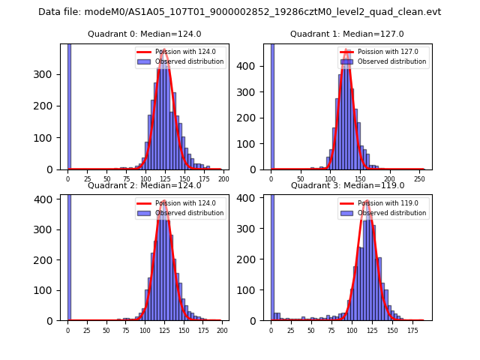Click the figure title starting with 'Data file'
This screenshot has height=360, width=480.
(x=240, y=12)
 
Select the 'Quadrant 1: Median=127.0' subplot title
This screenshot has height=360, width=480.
(x=347, y=34)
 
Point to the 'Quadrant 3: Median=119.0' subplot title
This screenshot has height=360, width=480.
(x=347, y=185)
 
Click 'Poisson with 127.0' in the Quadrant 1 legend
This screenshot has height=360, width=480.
(x=385, y=52)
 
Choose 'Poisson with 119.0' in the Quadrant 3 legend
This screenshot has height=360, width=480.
(x=385, y=203)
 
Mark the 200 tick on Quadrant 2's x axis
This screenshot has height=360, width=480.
(x=221, y=330)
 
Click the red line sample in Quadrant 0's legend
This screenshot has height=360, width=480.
(x=144, y=52)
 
